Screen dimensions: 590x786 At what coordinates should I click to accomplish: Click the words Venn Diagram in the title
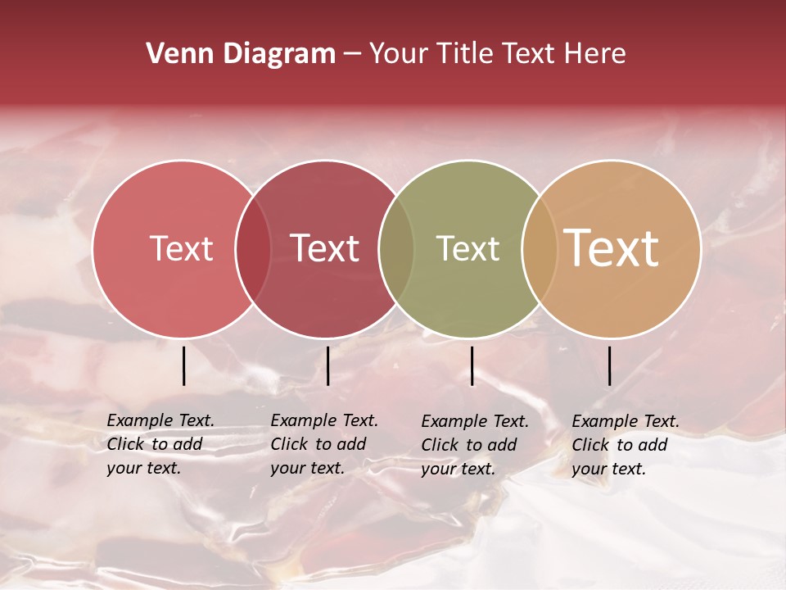coord(241,54)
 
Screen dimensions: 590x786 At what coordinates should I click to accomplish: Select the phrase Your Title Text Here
coord(498,54)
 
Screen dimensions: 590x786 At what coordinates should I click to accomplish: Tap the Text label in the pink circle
coord(181,248)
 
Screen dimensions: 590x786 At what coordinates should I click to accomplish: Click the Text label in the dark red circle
coord(325,248)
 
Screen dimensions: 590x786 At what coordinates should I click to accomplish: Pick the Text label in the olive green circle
coord(468,248)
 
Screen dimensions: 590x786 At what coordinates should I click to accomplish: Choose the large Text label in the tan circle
coord(612,248)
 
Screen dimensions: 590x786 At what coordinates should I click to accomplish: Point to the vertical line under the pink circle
coord(184,365)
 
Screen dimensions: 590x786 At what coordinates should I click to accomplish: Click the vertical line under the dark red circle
coord(327,365)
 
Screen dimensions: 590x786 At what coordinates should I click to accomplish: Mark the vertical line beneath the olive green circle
coord(472,365)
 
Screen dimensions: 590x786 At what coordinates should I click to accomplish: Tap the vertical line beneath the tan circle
coord(610,365)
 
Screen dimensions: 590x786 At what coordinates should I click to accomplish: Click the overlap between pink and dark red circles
coord(254,248)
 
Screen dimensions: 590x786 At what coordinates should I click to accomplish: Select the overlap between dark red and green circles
coord(397,248)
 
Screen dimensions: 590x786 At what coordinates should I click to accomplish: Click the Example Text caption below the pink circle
coord(160,444)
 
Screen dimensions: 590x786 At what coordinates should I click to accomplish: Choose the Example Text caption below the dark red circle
coord(324,444)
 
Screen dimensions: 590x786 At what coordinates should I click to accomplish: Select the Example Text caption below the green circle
coord(475,445)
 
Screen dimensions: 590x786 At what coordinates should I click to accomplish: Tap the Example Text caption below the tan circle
coord(626,445)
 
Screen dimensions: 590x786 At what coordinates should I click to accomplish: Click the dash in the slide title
coord(352,55)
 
